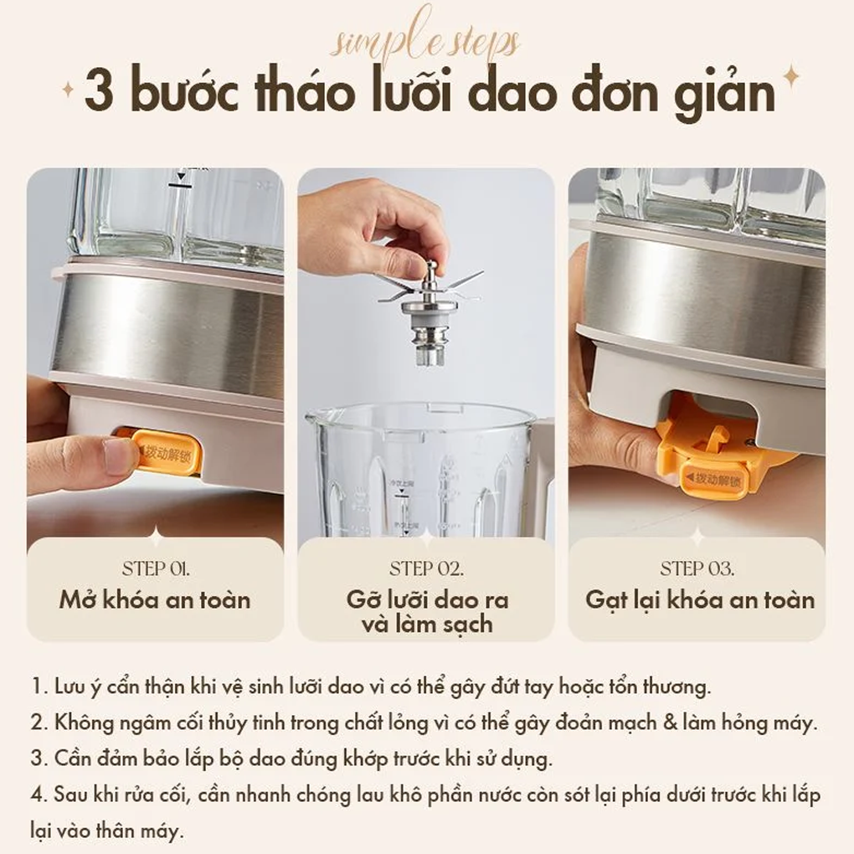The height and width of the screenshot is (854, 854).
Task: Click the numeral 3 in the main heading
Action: click(x=99, y=94)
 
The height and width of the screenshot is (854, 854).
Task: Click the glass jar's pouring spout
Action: click(x=316, y=415)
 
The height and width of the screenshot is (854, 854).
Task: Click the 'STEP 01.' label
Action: click(x=156, y=569)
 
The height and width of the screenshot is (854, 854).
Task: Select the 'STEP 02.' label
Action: click(x=426, y=569)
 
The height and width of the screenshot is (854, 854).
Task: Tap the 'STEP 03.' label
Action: click(x=697, y=569)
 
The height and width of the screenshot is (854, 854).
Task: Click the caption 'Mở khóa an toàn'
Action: click(x=155, y=599)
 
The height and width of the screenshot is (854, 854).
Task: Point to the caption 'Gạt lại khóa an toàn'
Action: click(x=700, y=599)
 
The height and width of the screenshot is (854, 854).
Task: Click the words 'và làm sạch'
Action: click(x=427, y=624)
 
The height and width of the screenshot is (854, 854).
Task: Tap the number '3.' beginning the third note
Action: click(x=39, y=759)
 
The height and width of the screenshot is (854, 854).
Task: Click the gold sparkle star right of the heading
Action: click(x=790, y=80)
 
